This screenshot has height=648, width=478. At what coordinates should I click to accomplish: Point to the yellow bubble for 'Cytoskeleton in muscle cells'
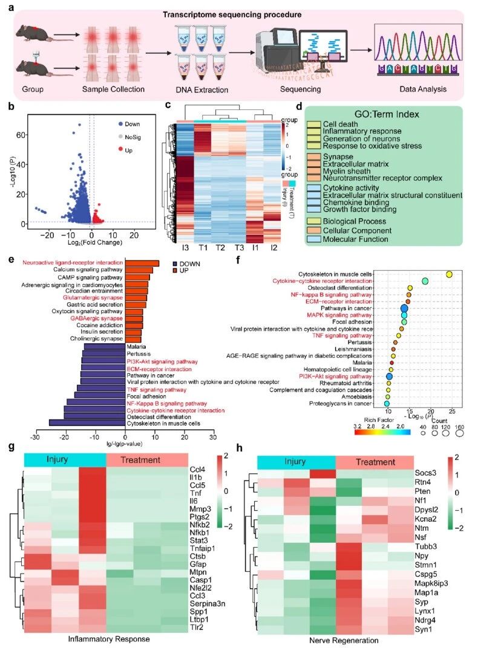click(x=449, y=274)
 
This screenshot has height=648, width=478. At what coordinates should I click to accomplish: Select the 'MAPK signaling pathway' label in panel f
click(x=355, y=315)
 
